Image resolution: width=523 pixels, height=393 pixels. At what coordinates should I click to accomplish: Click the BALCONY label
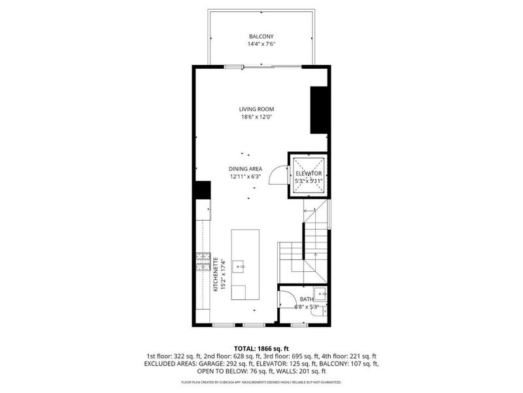pyautogui.click(x=260, y=36)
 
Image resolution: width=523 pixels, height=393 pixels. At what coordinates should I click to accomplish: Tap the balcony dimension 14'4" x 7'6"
pyautogui.click(x=260, y=45)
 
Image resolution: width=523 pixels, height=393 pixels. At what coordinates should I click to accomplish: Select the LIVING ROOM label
pyautogui.click(x=256, y=109)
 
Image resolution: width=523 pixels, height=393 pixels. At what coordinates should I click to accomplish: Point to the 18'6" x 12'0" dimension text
pyautogui.click(x=256, y=117)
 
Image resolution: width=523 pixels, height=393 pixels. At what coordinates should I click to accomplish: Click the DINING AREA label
pyautogui.click(x=245, y=168)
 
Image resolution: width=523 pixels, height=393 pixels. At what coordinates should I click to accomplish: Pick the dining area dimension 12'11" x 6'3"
pyautogui.click(x=245, y=177)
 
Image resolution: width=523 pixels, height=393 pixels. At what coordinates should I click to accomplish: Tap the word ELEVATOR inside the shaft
pyautogui.click(x=309, y=174)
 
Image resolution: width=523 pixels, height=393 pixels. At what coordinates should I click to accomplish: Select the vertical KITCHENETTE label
pyautogui.click(x=216, y=275)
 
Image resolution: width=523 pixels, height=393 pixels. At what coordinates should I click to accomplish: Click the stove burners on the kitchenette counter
pyautogui.click(x=203, y=262)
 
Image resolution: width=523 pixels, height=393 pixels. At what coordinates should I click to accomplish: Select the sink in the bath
pyautogui.click(x=319, y=293)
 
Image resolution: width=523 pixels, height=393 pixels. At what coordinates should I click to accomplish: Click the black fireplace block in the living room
pyautogui.click(x=318, y=110)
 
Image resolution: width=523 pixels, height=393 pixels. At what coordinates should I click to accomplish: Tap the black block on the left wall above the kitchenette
pyautogui.click(x=202, y=189)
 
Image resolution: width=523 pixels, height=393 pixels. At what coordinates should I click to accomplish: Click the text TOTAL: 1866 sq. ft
pyautogui.click(x=261, y=348)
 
